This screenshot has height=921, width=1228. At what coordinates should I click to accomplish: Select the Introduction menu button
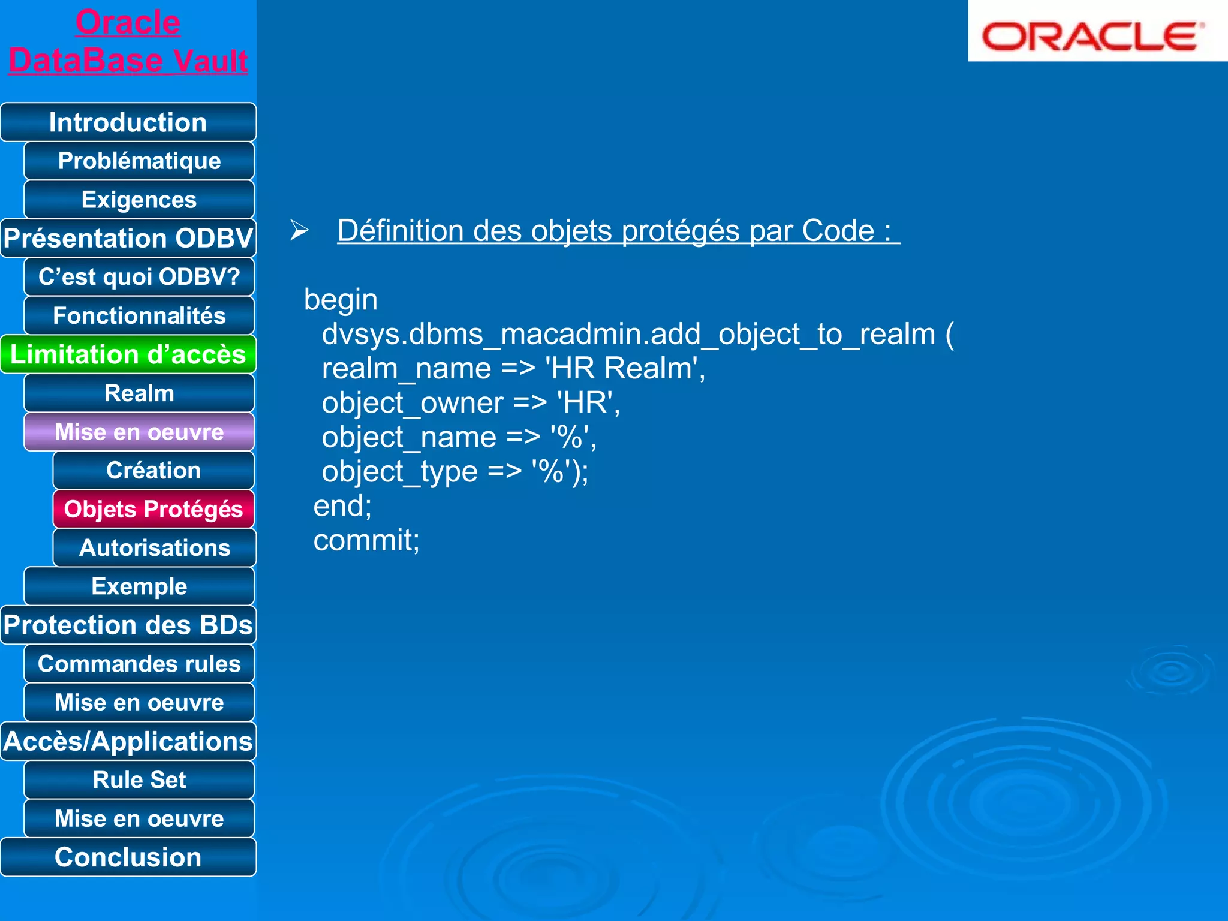128,122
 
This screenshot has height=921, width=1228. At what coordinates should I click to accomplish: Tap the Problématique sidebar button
139,161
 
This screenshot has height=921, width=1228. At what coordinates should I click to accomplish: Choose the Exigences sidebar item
139,200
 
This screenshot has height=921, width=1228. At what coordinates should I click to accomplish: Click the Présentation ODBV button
128,238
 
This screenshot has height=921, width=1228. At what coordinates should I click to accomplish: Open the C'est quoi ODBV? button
139,277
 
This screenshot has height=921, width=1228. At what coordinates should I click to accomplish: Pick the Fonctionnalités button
139,316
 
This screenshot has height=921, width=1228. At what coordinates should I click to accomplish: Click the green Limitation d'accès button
128,354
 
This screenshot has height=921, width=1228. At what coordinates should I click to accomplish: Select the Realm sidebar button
139,393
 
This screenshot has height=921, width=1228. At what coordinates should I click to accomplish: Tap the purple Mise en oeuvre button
139,432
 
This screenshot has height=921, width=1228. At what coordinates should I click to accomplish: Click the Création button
153,471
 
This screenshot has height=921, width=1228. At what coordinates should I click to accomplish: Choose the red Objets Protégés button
153,509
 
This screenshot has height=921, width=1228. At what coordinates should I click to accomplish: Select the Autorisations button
155,548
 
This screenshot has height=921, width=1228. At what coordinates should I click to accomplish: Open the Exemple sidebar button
139,586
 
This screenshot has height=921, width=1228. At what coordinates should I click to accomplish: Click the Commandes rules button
139,664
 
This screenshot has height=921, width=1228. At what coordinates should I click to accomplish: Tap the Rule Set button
139,780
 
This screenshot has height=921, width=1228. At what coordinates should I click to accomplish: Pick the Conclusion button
128,857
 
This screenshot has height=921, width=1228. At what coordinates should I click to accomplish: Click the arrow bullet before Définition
299,230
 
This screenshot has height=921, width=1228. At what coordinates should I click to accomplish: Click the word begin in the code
341,300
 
